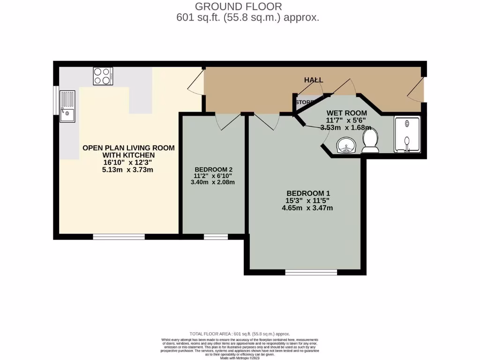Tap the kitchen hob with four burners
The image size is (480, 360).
103,76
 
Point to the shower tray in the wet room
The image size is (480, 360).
407,135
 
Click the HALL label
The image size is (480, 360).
314,80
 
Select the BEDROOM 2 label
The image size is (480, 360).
214,170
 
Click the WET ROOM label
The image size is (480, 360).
346,113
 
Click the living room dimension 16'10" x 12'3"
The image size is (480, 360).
128,163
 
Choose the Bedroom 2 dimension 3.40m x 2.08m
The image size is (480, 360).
214,182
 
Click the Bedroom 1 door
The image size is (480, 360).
269,121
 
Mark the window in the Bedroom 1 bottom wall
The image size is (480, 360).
311,272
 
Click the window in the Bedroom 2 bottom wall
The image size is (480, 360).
215,237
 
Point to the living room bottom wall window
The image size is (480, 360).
119,237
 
